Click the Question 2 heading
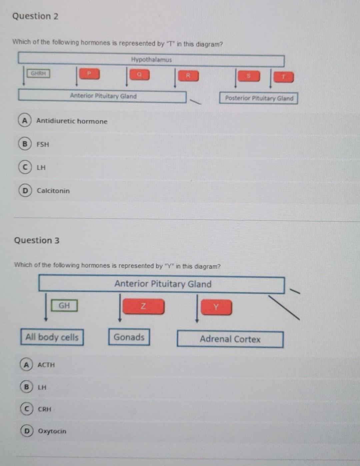point(35,16)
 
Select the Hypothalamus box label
point(151,60)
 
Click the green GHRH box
point(38,73)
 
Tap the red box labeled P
point(89,74)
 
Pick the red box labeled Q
point(139,75)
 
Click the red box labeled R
point(188,76)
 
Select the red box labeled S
point(248,76)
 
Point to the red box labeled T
point(283,77)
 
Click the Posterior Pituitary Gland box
point(259,98)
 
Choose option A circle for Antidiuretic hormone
point(24,121)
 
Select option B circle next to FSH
point(24,144)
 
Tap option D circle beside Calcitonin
point(25,191)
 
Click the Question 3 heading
point(37,240)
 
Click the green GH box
point(64,305)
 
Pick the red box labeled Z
point(143,306)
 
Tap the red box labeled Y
point(216,307)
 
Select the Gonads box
point(129,337)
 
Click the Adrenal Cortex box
point(230,339)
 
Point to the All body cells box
point(52,337)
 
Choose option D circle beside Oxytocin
point(26,431)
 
